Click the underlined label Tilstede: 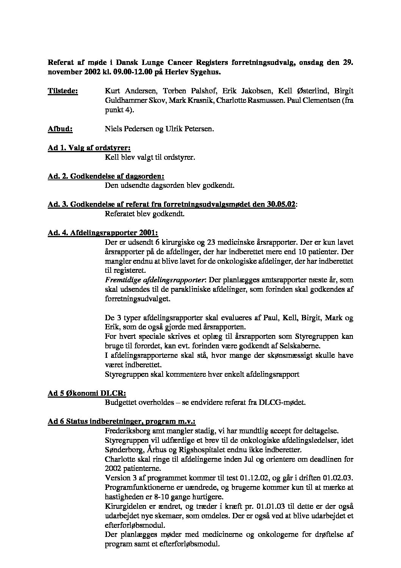click(63, 91)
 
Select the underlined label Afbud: click(60, 129)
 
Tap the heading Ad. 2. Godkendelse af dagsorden click(106, 176)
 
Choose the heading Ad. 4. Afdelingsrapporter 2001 click(103, 233)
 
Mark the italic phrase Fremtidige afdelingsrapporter click(155, 280)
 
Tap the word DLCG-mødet click(285, 403)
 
